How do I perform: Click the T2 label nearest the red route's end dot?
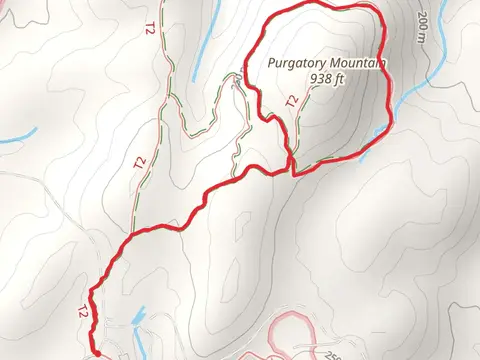click(x=80, y=313)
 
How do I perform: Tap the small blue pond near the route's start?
click(x=137, y=318)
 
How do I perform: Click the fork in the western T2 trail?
click(x=165, y=95)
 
